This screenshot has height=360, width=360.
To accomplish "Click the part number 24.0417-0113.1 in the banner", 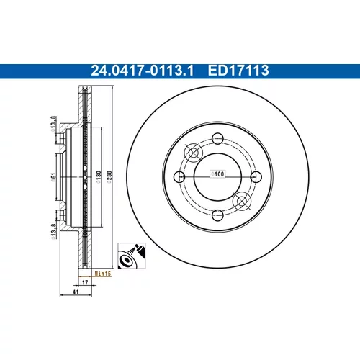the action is [143, 71].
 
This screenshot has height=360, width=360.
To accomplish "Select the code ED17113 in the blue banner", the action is [238, 71].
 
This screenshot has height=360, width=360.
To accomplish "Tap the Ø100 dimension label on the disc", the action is [217, 174].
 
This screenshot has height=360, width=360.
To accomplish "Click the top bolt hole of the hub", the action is [217, 138].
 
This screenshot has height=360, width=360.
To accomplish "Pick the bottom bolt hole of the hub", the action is [217, 215].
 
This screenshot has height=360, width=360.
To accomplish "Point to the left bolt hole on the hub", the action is [179, 177].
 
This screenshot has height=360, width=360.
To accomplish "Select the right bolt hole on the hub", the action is [256, 177].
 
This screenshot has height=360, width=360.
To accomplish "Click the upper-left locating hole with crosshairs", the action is [193, 153].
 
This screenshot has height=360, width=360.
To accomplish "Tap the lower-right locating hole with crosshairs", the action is [242, 201].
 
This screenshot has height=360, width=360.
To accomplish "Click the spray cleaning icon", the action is [132, 256].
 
